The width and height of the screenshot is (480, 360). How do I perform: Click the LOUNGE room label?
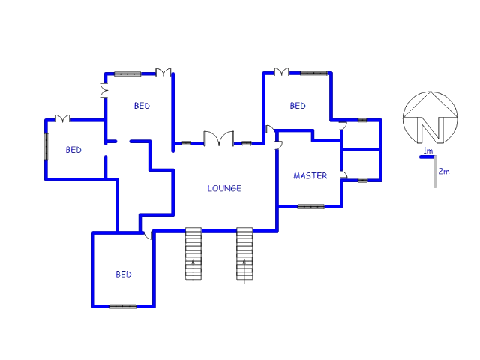coord(224,188)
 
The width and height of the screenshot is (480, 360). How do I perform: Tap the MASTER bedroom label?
coord(310,175)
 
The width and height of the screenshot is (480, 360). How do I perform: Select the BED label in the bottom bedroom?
coord(124,274)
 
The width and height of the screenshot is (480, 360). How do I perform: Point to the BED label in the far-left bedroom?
coord(73,150)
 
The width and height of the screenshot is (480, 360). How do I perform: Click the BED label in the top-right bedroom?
coord(298,106)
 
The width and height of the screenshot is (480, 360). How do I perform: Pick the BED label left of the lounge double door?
coord(142,106)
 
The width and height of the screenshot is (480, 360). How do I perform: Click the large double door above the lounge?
coord(219,138)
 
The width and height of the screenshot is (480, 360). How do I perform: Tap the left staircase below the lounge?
coord(193,253)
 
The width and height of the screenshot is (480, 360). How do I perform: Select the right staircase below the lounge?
coord(244,253)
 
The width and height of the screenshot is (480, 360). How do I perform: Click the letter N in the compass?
coord(430,130)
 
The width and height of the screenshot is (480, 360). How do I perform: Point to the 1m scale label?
coord(428,151)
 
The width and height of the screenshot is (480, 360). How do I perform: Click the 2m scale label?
coord(444,172)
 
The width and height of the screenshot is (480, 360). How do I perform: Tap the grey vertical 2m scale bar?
coord(435,172)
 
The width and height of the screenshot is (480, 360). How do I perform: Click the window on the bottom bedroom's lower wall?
coord(123,306)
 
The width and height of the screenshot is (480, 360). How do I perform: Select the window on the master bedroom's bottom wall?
coord(311,207)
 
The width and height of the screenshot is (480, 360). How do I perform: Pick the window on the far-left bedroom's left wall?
coord(46,147)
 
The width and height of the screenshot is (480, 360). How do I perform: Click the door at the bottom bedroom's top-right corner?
coord(148,235)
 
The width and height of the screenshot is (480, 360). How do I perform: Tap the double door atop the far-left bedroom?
coord(62,118)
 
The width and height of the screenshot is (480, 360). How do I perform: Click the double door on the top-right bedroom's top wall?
coord(281,72)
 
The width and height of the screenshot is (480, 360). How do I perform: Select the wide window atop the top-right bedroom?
coord(313,73)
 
